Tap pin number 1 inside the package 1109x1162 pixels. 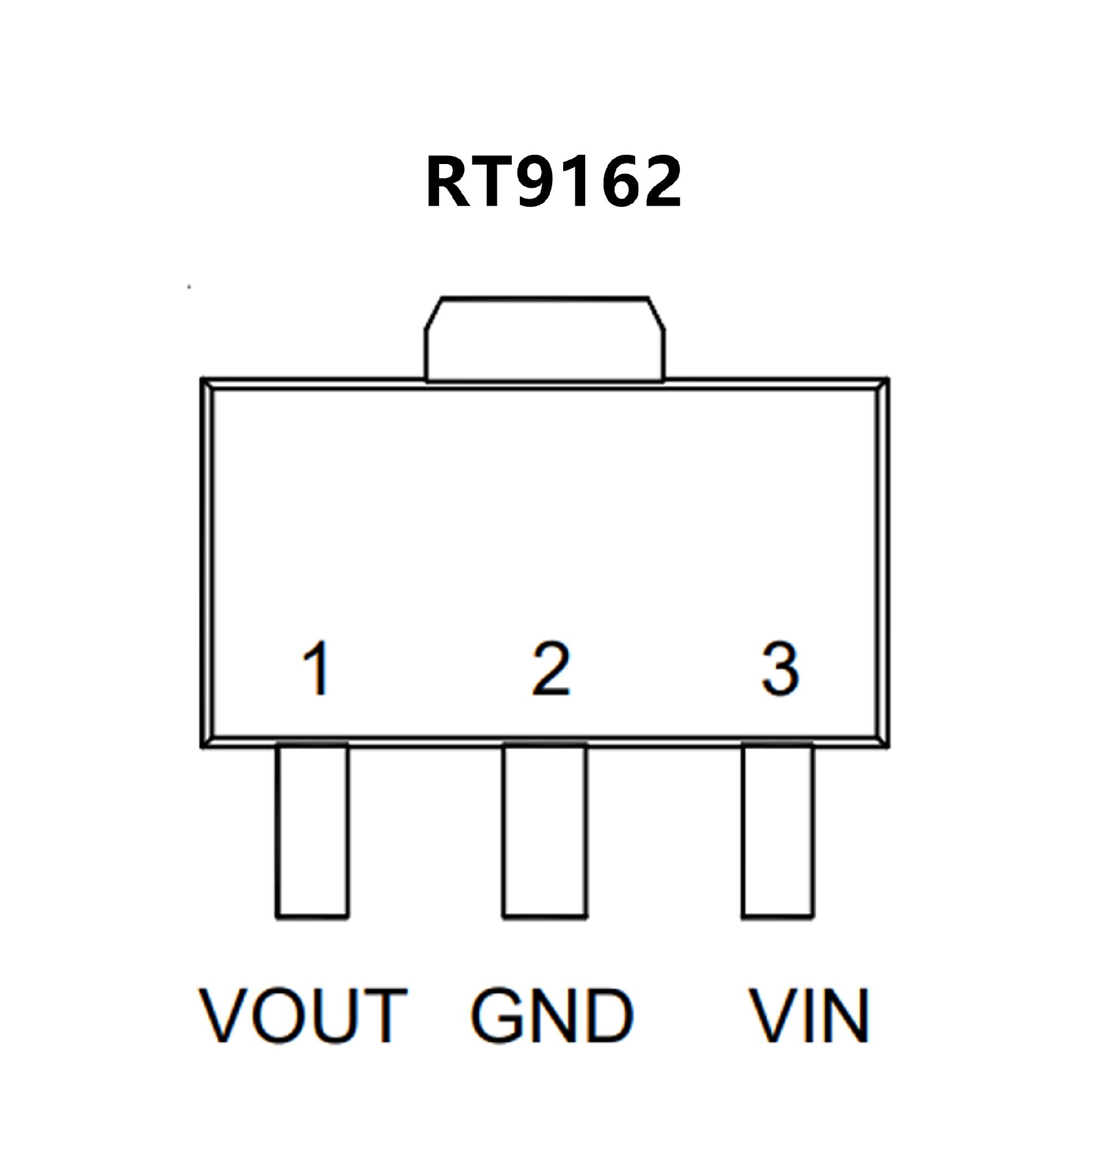click(x=317, y=668)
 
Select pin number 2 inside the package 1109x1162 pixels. click(x=551, y=668)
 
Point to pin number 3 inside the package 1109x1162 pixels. click(x=780, y=668)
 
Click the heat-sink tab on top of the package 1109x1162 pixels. click(x=545, y=340)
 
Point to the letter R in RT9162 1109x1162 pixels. click(x=449, y=182)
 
